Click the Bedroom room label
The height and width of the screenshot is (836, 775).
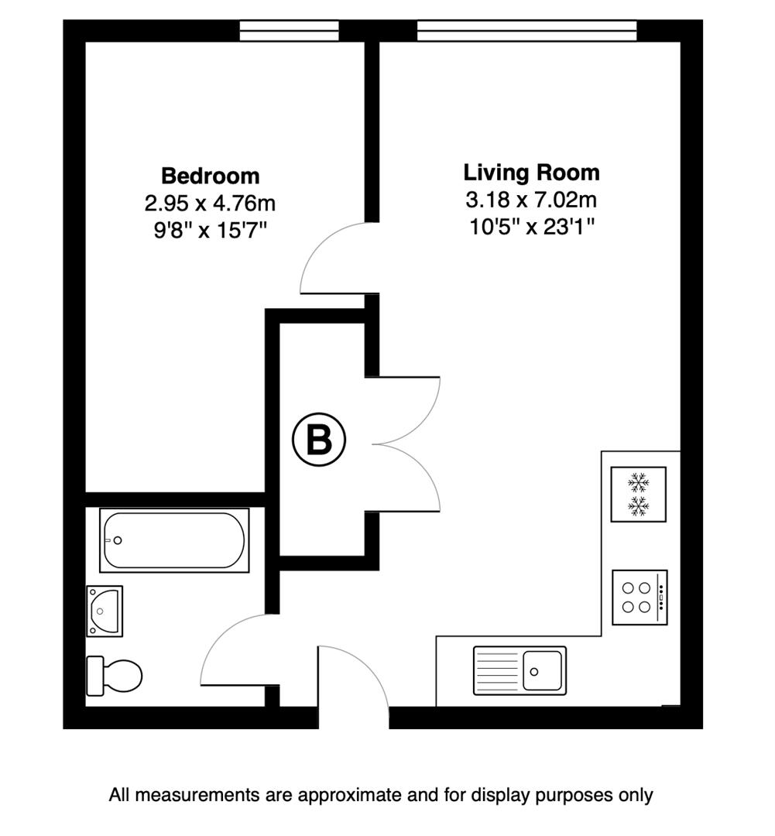point(210,176)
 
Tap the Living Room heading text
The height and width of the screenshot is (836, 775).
point(531,172)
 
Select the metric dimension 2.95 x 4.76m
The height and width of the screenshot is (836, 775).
point(210,204)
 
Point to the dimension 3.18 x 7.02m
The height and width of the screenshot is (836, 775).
point(531,200)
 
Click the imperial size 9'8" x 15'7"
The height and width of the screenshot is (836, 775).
point(210,231)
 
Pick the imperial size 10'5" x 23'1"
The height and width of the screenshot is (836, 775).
point(531,227)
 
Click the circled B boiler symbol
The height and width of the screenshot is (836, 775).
point(319,440)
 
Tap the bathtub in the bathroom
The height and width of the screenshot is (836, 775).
point(174,540)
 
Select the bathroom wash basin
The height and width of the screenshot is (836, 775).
point(105,611)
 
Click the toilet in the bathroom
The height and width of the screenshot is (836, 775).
point(115,675)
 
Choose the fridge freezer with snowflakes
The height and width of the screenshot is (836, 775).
point(639,495)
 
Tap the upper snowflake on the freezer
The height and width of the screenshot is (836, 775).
point(639,483)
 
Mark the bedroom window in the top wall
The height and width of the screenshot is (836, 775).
point(289,30)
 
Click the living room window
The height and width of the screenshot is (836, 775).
point(526,30)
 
